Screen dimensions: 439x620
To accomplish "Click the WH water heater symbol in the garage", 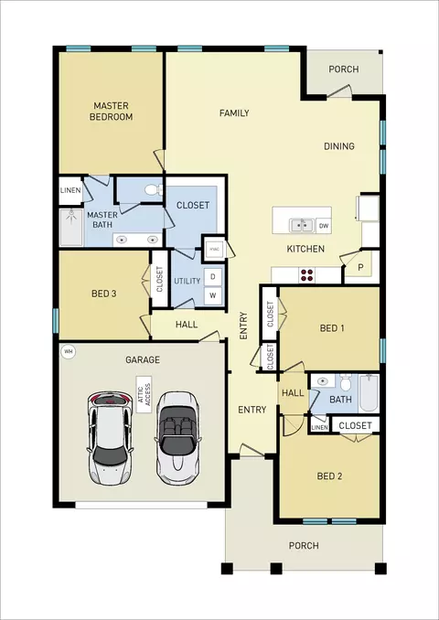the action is [69, 351].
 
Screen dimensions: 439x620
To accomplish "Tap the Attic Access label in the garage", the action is [144, 394].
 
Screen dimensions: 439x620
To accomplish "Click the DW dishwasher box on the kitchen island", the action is [324, 226].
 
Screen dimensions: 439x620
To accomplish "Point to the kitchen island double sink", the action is [302, 225].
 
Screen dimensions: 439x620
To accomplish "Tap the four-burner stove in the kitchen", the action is [307, 275].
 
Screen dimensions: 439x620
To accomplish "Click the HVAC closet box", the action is [215, 249].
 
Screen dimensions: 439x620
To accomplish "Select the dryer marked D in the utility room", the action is [213, 277].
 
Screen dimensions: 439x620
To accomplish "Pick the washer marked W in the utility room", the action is [213, 295].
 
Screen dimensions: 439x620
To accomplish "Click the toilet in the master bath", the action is [155, 190].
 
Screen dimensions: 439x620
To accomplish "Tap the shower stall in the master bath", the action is [71, 228].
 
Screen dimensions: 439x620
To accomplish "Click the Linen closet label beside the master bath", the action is [70, 190].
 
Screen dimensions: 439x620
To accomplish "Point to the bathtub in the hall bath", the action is [369, 393].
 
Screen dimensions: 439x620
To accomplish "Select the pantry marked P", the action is [360, 267].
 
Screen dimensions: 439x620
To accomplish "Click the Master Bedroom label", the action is [111, 112].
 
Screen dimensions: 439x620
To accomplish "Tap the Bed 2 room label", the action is [329, 476].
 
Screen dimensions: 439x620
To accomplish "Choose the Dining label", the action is [339, 146].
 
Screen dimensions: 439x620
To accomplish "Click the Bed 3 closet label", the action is [160, 279].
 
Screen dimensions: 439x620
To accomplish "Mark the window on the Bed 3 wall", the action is [56, 320].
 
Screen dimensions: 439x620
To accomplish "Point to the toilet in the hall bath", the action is [346, 382].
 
